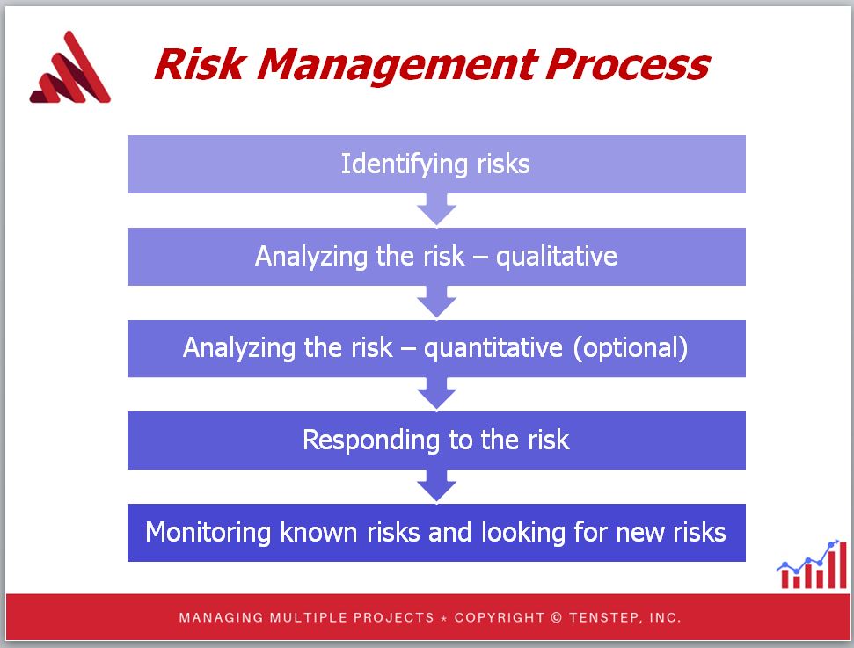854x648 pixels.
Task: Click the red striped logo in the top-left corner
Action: pos(69,68)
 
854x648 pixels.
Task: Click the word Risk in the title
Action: pos(200,64)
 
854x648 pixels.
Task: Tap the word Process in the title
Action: pos(628,65)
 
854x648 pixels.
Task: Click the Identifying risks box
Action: pos(436,164)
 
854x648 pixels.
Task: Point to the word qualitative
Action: pos(557,257)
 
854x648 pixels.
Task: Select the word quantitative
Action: pos(493,348)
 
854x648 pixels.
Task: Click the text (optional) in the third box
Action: pos(630,348)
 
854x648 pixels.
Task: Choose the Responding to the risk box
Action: pos(436,440)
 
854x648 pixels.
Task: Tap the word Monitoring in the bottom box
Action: pos(208,533)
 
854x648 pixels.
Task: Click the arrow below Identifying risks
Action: pos(436,210)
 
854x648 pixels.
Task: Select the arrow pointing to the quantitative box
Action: pos(436,302)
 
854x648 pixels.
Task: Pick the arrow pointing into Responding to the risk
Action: pos(436,394)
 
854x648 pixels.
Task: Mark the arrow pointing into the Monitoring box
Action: pos(436,486)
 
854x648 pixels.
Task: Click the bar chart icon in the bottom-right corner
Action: pos(812,564)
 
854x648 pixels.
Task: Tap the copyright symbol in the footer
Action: pos(556,617)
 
